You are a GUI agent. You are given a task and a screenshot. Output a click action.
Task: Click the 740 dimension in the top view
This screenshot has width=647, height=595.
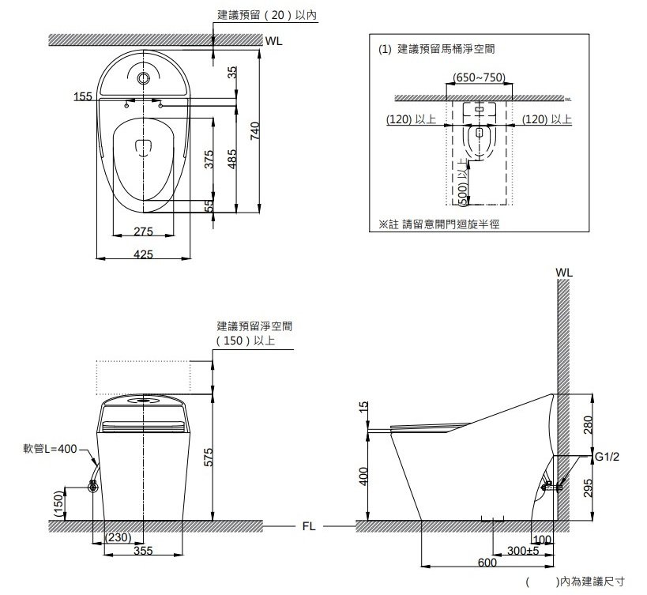pyautogui.click(x=255, y=131)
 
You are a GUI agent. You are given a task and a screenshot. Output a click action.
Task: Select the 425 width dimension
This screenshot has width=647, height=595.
pyautogui.click(x=143, y=254)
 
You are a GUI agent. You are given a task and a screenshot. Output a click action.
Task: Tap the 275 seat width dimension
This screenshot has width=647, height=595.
pyautogui.click(x=143, y=231)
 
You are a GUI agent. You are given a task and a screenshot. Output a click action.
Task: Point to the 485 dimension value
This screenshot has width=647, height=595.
pyautogui.click(x=232, y=159)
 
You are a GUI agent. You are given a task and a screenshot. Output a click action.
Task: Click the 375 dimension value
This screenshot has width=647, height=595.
pyautogui.click(x=209, y=159)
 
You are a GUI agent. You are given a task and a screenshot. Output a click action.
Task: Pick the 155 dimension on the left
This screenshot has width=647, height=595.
pyautogui.click(x=83, y=96)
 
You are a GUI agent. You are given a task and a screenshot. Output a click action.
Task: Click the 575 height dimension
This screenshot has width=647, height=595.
pyautogui.click(x=209, y=458)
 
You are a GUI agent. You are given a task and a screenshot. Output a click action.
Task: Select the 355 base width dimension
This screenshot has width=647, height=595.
pyautogui.click(x=143, y=551)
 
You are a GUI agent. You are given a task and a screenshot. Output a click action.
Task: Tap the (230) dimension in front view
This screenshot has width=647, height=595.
pyautogui.click(x=118, y=537)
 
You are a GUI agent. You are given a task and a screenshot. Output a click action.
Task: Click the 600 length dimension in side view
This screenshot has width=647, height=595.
pyautogui.click(x=487, y=563)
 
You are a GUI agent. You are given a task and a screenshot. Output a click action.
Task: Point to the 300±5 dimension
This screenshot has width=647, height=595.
pyautogui.click(x=523, y=551)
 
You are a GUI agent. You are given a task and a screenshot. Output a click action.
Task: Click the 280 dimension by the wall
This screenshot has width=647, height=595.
pyautogui.click(x=588, y=424)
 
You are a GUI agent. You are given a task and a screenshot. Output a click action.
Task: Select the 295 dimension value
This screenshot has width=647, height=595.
pyautogui.click(x=588, y=488)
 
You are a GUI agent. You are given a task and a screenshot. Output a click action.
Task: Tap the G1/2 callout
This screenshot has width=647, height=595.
pyautogui.click(x=607, y=457)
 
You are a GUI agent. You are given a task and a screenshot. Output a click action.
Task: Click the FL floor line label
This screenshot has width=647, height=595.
pyautogui.click(x=309, y=526)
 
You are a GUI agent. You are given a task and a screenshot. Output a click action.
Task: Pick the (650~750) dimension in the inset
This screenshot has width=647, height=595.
pyautogui.click(x=479, y=77)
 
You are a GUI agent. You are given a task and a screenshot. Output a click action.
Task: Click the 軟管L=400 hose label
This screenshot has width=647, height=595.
pyautogui.click(x=50, y=449)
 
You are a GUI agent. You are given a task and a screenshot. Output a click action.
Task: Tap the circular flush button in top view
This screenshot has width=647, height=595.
pyautogui.click(x=143, y=77)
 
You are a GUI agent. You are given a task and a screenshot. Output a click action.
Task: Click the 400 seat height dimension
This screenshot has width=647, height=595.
pyautogui.click(x=363, y=476)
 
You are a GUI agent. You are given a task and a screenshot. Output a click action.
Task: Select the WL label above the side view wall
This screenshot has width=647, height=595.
pyautogui.click(x=564, y=273)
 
